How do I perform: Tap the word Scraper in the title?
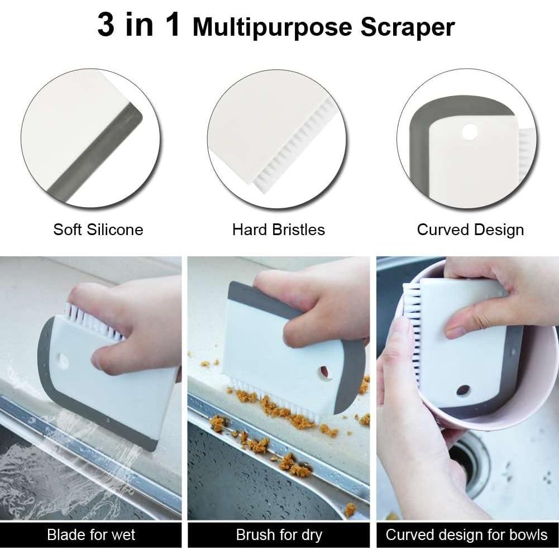pos(408,27)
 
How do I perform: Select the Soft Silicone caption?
pos(98,229)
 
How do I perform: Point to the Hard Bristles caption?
pos(279,229)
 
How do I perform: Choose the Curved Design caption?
pos(470,230)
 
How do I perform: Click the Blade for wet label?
pos(91,535)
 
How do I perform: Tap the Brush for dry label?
pos(279,535)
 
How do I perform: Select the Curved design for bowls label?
pos(466,535)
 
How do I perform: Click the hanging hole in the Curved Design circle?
pos(470,132)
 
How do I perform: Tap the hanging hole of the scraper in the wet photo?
pos(63,361)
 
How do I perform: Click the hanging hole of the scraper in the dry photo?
pos(325,372)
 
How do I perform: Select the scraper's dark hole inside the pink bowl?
pos(462,390)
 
